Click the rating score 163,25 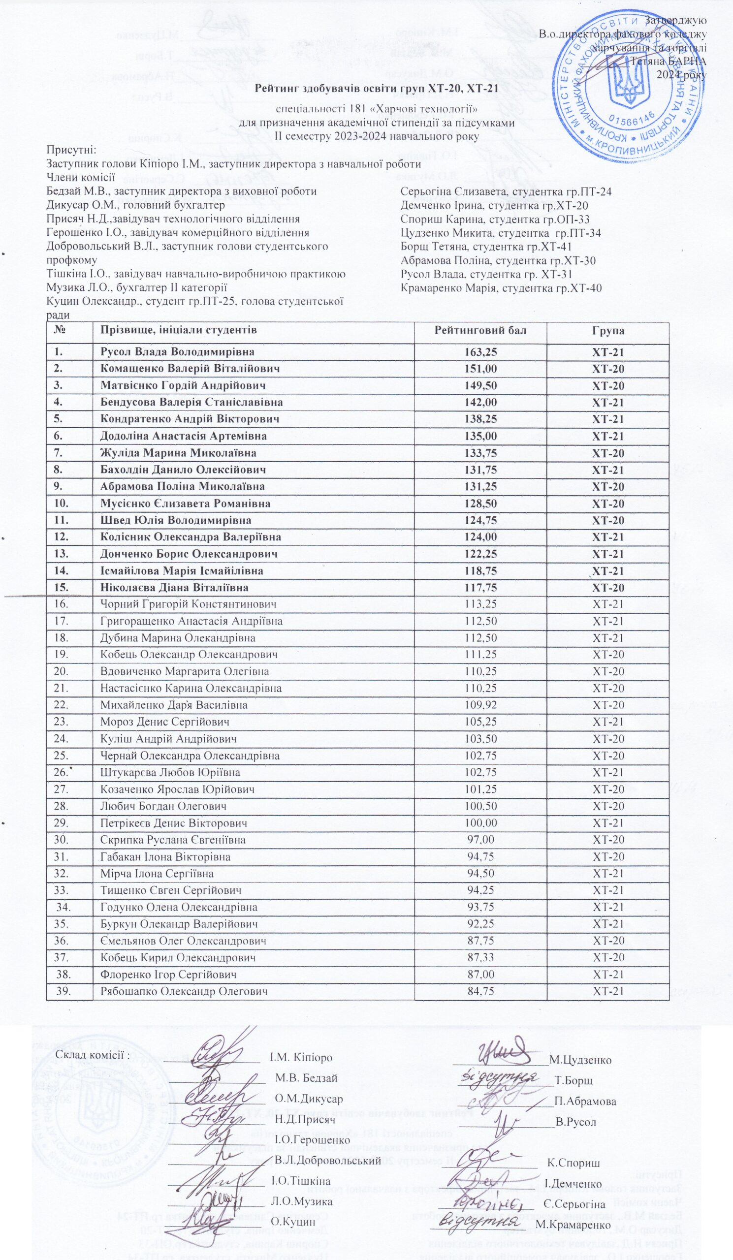click(x=480, y=352)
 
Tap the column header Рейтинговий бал click(x=480, y=330)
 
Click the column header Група click(x=608, y=330)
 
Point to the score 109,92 click(x=480, y=705)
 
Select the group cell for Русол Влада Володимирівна click(x=608, y=352)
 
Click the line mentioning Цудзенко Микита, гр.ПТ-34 click(x=501, y=233)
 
